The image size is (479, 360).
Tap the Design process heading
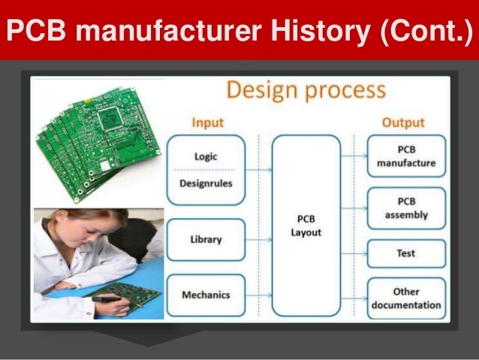[306, 91]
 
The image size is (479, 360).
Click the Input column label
[208, 123]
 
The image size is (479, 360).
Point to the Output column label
[403, 122]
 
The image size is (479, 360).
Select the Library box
[206, 239]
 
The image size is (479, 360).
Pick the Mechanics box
[206, 295]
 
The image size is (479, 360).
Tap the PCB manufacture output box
[405, 156]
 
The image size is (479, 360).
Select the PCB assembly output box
[405, 208]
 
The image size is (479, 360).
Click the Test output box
[405, 254]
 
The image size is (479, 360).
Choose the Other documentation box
[405, 298]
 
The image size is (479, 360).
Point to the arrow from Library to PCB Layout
[259, 240]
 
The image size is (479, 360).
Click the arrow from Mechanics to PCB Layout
[259, 295]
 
